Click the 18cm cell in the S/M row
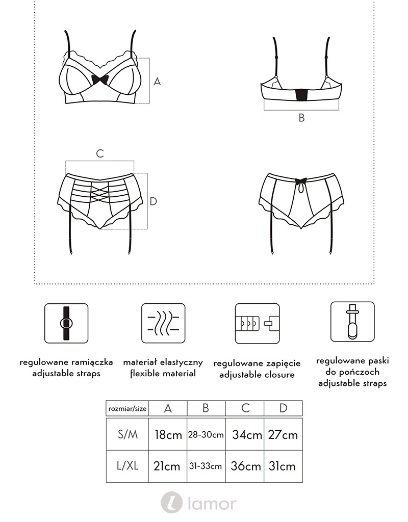point(168,434)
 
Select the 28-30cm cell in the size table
point(206,434)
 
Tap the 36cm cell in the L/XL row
point(245,466)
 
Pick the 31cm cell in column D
point(283,466)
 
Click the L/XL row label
point(127,466)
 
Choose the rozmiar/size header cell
point(127,408)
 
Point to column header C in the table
point(245,408)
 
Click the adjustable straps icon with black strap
point(66,323)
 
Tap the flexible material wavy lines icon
point(163,323)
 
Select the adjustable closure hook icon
point(257,324)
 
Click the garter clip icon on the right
point(352,322)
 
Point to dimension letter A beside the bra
point(157,81)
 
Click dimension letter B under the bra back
point(301,118)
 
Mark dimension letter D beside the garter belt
point(153,201)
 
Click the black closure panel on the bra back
point(301,94)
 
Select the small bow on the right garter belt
point(301,181)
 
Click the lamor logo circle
point(171,502)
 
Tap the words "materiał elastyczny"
point(163,362)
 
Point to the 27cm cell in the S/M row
point(283,434)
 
